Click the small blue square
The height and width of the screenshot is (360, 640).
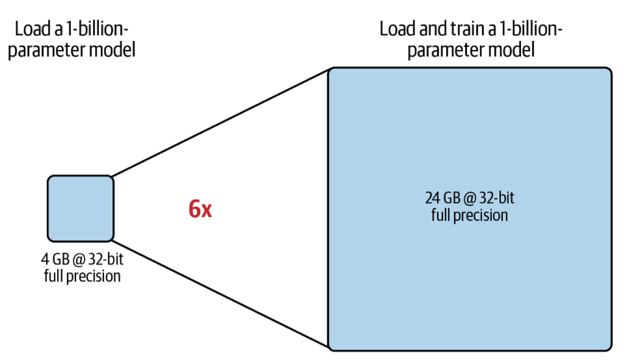[80, 208]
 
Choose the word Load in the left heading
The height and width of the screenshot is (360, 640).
[31, 29]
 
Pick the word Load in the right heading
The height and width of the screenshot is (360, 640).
[395, 29]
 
